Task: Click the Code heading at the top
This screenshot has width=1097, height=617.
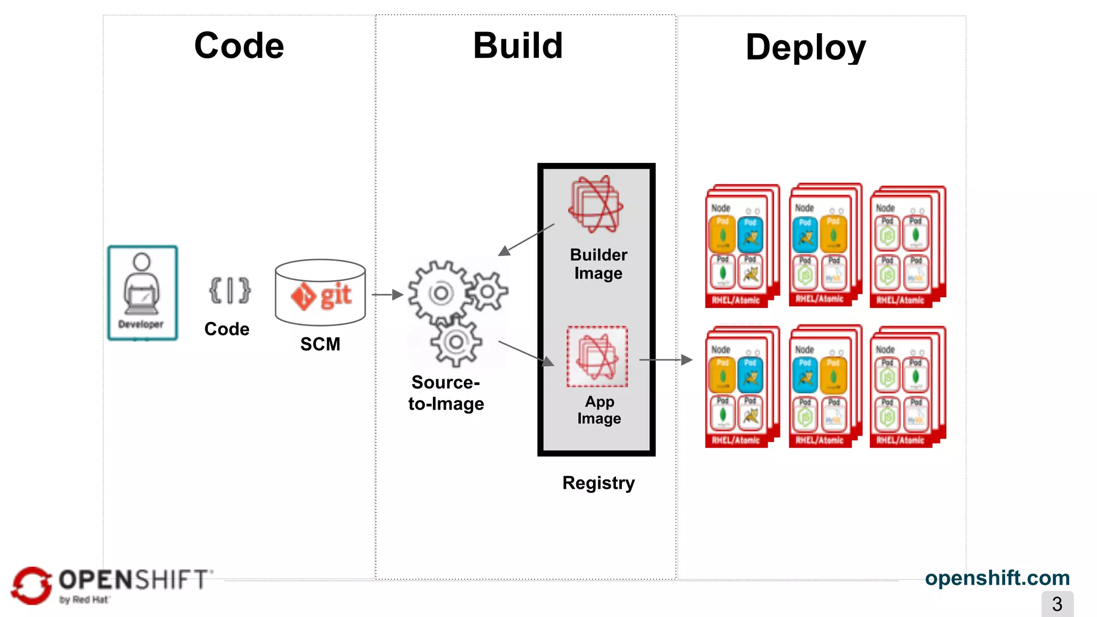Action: pos(239,46)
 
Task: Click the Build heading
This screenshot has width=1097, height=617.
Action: pos(517,46)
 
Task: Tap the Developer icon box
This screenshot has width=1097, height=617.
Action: pos(142,292)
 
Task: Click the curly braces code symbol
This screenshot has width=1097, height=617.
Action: pos(229,291)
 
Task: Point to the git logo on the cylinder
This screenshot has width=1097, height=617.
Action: pos(321,296)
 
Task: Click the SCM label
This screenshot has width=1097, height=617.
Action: pos(320,344)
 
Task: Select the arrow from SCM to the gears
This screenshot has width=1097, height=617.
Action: pos(387,295)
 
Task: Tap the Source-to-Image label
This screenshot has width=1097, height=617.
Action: pos(446,393)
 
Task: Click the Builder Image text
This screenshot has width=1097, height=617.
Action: pos(598,264)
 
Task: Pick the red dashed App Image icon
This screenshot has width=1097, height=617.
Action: pos(597,357)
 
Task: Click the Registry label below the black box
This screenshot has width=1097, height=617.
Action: pos(598,483)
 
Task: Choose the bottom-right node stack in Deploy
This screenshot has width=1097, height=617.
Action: pos(907,387)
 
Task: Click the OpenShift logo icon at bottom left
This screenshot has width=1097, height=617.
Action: pos(31,585)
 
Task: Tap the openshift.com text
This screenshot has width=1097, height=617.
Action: pos(997,578)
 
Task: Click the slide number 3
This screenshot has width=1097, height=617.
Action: pos(1057,604)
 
